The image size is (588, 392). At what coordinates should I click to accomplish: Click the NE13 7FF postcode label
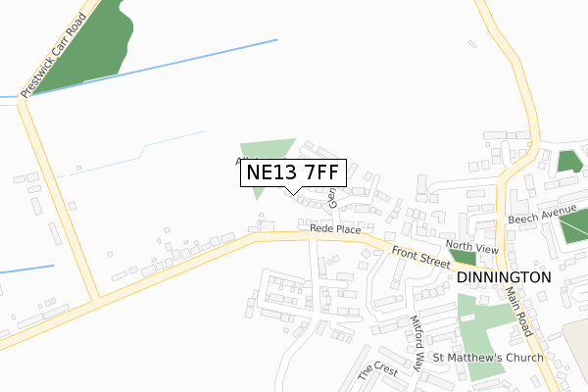[x=293, y=172]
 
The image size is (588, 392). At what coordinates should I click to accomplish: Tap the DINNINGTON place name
[x=504, y=277]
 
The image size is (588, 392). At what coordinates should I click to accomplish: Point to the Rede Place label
[x=335, y=228]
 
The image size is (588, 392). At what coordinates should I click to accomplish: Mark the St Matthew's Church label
[x=488, y=358]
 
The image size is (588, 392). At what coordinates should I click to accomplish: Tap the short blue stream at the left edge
[x=24, y=268]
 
